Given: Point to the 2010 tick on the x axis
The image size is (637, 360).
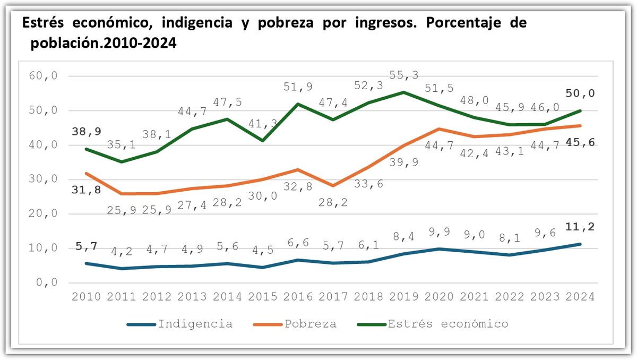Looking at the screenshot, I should tap(87, 297).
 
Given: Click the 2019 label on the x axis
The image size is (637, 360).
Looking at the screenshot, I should tap(403, 297).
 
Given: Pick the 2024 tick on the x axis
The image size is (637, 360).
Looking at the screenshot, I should tap(580, 297).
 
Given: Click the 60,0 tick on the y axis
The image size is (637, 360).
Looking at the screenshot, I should tap(40, 76).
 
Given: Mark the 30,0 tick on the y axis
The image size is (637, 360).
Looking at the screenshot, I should tap(40, 179).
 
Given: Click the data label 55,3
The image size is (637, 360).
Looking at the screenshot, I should tap(403, 75).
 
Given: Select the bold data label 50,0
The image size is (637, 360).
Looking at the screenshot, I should tap(580, 93).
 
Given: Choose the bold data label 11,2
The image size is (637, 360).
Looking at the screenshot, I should tap(580, 227).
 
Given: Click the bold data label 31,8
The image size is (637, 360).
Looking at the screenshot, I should tap(87, 190).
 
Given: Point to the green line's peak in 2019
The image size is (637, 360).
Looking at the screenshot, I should tap(403, 92).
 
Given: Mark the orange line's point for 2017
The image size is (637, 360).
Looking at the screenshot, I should tap(333, 185).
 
